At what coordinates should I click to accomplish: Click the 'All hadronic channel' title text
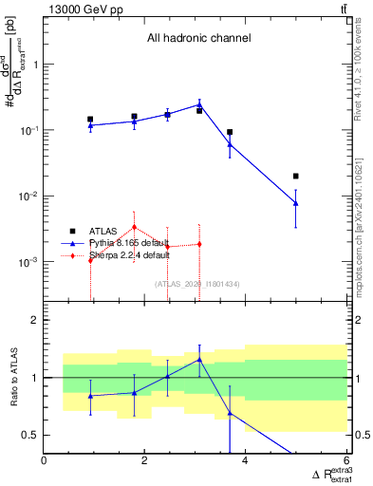click(198, 39)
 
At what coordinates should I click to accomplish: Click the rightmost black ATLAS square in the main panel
click(296, 176)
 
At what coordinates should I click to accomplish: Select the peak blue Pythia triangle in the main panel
click(199, 104)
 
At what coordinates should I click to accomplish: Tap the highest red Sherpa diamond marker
click(135, 227)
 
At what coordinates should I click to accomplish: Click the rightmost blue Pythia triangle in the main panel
click(296, 202)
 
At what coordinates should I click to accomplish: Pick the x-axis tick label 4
click(246, 462)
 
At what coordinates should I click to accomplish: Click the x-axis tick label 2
click(145, 462)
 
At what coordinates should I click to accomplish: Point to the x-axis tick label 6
click(346, 462)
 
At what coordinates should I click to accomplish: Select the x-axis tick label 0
click(45, 462)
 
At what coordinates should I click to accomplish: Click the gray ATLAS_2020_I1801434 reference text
click(198, 284)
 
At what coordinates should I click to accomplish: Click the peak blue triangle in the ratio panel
click(199, 359)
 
